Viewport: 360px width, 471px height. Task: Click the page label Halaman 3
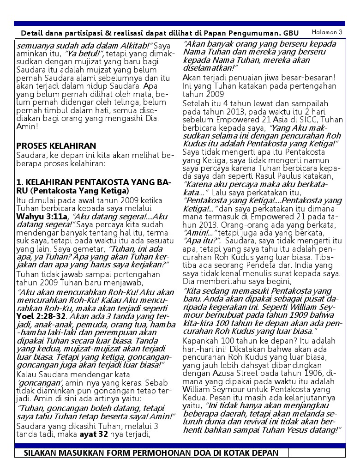pos(327,32)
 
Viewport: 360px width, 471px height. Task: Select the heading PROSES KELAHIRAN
pos(56,146)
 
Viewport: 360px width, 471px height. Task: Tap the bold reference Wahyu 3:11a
pos(42,216)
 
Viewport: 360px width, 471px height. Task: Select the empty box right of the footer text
pos(317,453)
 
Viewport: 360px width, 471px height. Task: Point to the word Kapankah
pos(199,340)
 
